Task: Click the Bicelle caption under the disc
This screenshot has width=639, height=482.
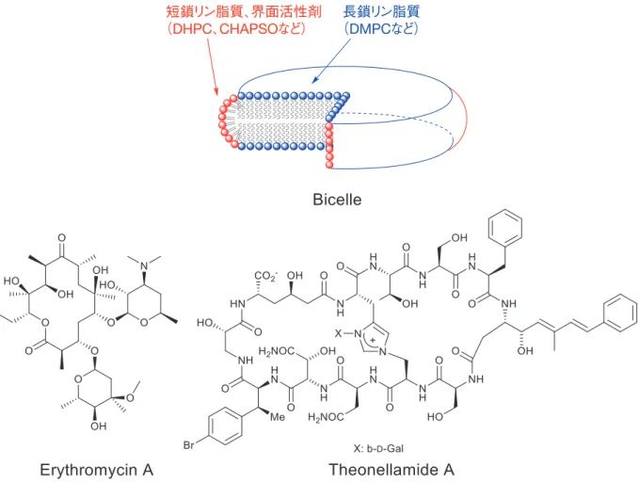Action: click(x=337, y=200)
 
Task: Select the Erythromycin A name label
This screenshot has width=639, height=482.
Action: click(x=97, y=470)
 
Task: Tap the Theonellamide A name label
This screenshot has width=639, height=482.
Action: click(x=391, y=470)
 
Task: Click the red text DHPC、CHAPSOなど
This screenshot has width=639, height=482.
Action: click(x=236, y=29)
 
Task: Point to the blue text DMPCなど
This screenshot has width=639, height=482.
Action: click(x=380, y=28)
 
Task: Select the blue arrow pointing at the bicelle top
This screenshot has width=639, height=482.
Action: click(x=332, y=61)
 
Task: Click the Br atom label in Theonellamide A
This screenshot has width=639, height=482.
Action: click(x=188, y=444)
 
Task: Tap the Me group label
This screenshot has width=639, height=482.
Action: click(x=278, y=417)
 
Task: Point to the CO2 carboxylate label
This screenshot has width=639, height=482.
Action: click(x=265, y=276)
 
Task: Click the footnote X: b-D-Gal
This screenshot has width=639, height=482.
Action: click(x=378, y=448)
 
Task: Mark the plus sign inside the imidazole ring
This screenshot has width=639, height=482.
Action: click(x=373, y=340)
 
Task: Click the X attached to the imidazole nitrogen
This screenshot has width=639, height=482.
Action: click(x=338, y=333)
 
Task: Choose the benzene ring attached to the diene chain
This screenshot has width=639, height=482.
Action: click(x=621, y=313)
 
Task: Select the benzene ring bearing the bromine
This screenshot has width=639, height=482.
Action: click(x=225, y=426)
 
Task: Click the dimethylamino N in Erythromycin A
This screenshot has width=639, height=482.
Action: click(x=144, y=266)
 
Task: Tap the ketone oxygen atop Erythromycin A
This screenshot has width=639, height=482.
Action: click(x=61, y=238)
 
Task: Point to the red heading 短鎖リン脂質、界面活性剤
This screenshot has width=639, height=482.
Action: click(x=244, y=12)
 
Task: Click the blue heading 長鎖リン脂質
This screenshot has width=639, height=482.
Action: click(x=381, y=11)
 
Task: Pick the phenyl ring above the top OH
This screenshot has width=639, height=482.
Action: click(x=505, y=228)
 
